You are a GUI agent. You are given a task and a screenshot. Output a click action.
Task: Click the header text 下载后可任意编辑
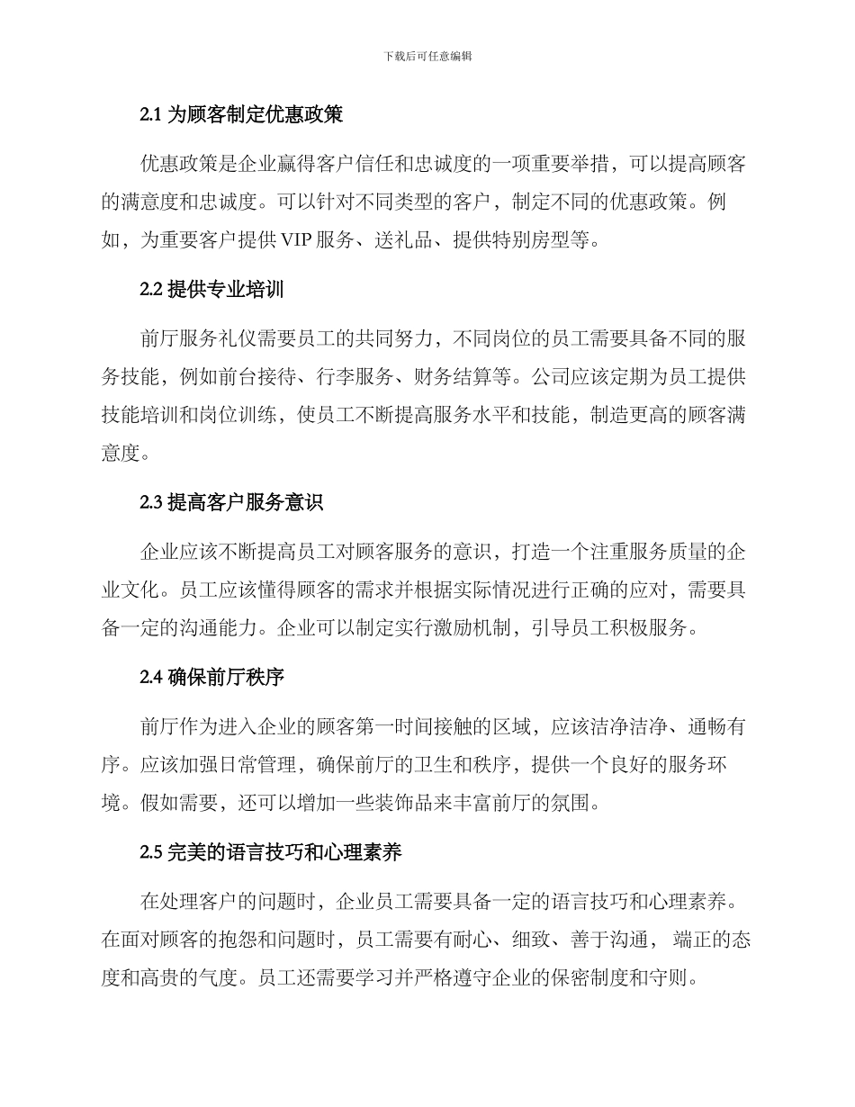(x=427, y=56)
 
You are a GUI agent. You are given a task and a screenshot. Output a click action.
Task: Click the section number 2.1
(x=150, y=114)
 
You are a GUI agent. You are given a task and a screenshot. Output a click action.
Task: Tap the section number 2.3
(x=151, y=503)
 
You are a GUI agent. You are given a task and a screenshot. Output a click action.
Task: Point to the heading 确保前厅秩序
(x=227, y=678)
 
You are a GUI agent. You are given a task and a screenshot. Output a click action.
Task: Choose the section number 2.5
(x=151, y=852)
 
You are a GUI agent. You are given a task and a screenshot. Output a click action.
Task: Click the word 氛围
(x=574, y=801)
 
